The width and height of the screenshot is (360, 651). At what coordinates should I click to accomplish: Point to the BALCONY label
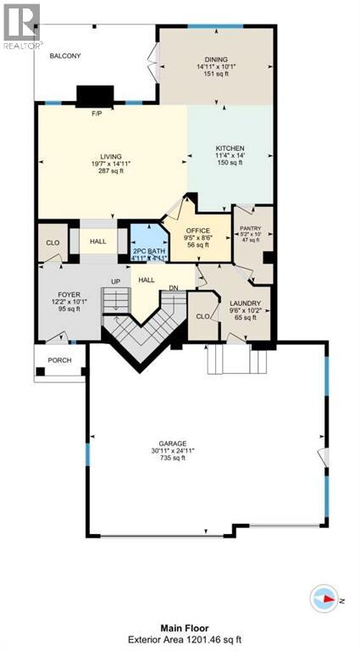(64, 56)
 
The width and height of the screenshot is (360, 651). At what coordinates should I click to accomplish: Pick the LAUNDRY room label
(244, 303)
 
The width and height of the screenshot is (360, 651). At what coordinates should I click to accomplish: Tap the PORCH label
(59, 359)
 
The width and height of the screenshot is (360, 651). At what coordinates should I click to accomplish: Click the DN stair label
(173, 287)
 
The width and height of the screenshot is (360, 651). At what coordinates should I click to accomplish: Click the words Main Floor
(180, 626)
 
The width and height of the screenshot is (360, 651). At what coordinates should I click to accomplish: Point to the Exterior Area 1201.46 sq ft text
(180, 638)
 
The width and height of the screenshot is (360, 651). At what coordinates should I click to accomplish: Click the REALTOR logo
(21, 25)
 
